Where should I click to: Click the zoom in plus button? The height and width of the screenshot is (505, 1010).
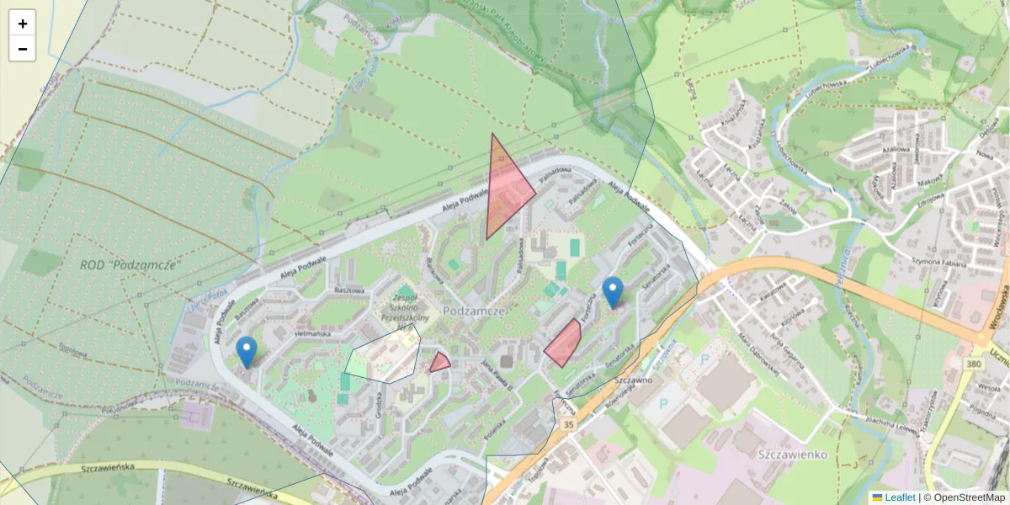point(23,24)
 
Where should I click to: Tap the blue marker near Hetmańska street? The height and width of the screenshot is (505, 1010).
point(247,352)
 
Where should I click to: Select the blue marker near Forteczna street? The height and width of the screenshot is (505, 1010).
point(613,291)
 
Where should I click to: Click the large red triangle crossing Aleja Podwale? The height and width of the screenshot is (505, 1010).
point(504,192)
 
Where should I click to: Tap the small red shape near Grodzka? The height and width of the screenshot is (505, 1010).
point(439,364)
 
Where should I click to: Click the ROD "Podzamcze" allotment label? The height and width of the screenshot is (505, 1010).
point(130,264)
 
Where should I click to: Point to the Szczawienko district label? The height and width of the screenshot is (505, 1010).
point(792,454)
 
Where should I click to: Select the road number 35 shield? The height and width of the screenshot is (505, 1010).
point(570,425)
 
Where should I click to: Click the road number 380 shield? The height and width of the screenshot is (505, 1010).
point(974,364)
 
